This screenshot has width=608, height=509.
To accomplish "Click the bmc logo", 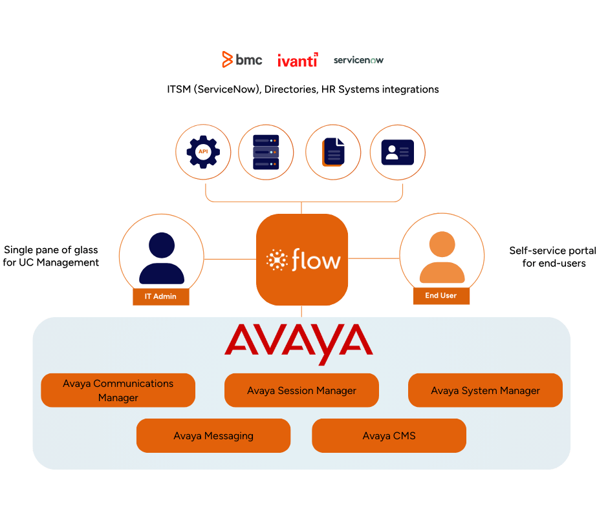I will tap(242, 60).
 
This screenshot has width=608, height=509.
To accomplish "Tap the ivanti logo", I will tap(298, 61).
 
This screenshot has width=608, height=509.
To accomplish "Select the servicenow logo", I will tap(359, 60).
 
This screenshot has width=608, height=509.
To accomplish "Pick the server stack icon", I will tap(266, 152).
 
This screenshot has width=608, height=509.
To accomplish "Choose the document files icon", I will tap(333, 152).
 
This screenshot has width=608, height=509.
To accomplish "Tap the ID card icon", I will tap(397, 152).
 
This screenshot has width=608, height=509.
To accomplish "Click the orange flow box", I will tap(302, 260).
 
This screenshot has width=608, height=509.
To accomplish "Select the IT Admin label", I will tap(161, 296).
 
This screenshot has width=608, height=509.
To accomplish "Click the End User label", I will tap(442, 296).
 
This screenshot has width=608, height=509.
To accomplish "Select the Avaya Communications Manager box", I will tap(118, 390).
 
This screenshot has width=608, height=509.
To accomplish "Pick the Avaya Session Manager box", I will tap(301, 390).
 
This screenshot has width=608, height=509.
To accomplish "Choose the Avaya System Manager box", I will tap(485, 390).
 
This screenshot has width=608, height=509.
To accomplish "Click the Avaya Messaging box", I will tap(213, 435).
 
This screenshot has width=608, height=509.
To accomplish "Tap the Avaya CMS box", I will tap(389, 435).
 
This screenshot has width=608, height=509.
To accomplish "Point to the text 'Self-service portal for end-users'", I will tap(553, 256).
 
